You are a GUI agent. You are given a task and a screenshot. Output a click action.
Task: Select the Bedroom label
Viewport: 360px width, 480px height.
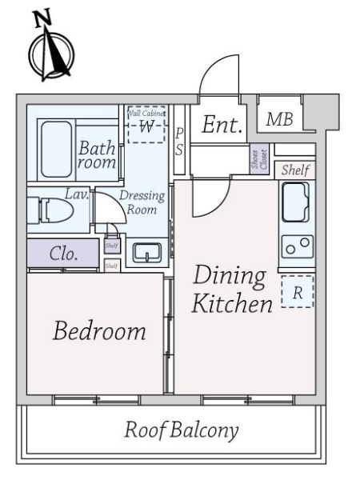99,330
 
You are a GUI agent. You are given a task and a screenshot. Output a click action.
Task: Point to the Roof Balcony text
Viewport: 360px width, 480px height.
182,430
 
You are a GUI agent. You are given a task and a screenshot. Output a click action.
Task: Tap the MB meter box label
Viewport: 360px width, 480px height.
279,120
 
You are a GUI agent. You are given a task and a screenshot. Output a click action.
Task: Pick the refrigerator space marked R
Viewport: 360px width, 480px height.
297,293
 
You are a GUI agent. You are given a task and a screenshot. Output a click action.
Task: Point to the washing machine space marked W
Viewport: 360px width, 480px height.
146,126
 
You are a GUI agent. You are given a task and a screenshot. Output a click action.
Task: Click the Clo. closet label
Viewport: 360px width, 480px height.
63,254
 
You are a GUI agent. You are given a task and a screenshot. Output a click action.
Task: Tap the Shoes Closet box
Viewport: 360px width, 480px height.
255,159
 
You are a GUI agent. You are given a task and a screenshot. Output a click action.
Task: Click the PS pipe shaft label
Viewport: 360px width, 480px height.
179,141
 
